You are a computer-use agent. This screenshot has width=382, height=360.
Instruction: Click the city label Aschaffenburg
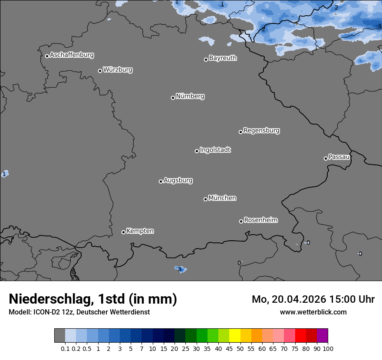click(72, 55)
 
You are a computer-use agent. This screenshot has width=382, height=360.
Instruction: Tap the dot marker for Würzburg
click(100, 71)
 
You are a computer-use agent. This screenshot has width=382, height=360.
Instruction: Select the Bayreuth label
click(223, 58)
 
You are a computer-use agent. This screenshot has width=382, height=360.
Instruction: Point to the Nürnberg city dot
click(173, 98)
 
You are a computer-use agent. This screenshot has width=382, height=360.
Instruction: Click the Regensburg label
click(261, 130)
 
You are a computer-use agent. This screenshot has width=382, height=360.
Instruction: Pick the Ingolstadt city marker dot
click(197, 151)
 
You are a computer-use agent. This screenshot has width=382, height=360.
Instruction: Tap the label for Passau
click(339, 157)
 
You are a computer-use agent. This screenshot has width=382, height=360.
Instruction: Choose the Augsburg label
click(178, 180)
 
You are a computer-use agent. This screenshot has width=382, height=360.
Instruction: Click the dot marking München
click(205, 199)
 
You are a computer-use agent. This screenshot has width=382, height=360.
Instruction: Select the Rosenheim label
click(260, 220)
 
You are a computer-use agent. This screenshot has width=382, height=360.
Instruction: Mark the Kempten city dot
click(123, 232)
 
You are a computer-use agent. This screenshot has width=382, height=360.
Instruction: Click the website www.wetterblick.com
click(313, 312)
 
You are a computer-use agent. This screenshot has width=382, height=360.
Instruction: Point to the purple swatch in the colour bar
click(322, 336)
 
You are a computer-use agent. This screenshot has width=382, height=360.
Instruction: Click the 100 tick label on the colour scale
click(328, 348)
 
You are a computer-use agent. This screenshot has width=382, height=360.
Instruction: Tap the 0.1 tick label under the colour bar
click(65, 348)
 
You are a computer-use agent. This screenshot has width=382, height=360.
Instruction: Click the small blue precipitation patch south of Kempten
click(180, 269)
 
